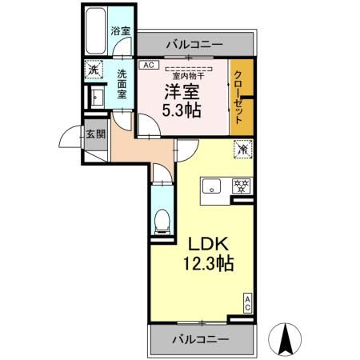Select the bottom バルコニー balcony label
200,338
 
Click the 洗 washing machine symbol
93,70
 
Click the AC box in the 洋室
148,66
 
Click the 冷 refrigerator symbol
241,149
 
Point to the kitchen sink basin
213,187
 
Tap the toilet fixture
161,217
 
